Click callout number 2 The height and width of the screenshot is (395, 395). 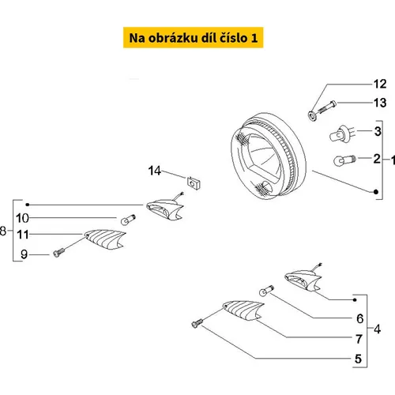click(377, 159)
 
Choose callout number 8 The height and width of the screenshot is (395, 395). click(5, 231)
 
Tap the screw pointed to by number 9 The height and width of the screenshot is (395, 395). click(56, 253)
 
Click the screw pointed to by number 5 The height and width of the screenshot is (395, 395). click(197, 323)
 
